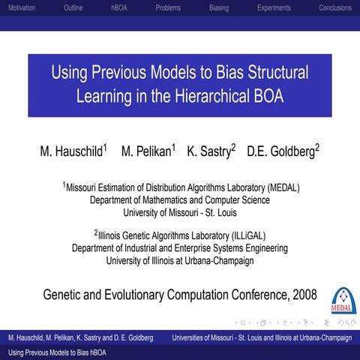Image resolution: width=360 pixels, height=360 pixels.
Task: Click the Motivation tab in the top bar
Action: click(20, 7)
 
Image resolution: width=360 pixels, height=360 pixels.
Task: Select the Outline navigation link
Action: click(73, 7)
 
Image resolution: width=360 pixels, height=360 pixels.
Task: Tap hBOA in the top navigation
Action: click(119, 7)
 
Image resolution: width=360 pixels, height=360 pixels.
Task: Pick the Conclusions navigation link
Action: click(334, 7)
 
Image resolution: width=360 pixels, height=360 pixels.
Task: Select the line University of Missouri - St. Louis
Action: click(180, 212)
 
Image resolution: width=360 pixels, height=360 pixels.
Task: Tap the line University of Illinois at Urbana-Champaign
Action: click(180, 260)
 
